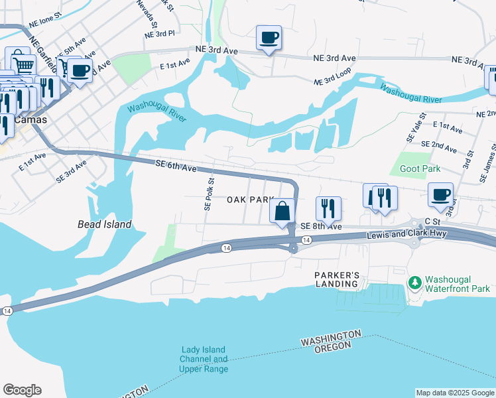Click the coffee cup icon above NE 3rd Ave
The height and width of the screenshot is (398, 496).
pyautogui.click(x=269, y=37)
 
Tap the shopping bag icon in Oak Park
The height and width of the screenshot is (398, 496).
pyautogui.click(x=282, y=210)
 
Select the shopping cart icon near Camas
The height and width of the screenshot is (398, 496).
pyautogui.click(x=23, y=64)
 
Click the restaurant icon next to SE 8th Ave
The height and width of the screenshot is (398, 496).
pyautogui.click(x=328, y=208)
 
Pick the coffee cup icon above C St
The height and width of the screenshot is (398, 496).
pyautogui.click(x=440, y=195)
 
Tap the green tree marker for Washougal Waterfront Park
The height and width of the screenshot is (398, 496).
pyautogui.click(x=416, y=283)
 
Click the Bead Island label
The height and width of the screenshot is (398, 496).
pyautogui.click(x=104, y=224)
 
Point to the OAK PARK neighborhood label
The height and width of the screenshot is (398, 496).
pyautogui.click(x=250, y=200)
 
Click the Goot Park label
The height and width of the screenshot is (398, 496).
pyautogui.click(x=420, y=169)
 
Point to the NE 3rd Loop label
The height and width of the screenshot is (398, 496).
pyautogui.click(x=333, y=80)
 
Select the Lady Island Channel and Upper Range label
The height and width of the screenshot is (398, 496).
pyautogui.click(x=204, y=359)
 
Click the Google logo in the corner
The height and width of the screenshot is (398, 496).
pyautogui.click(x=22, y=390)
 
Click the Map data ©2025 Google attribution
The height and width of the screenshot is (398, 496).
pyautogui.click(x=454, y=393)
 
